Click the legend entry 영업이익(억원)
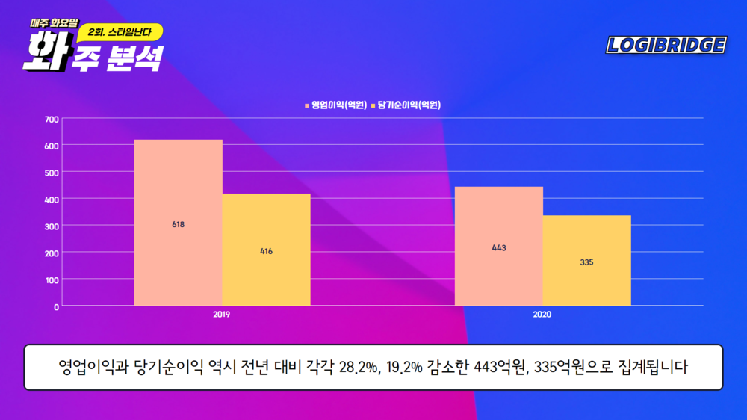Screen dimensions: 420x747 pyautogui.click(x=335, y=105)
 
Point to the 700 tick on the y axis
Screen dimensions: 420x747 pyautogui.click(x=52, y=119)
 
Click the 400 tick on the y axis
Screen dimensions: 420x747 pyautogui.click(x=52, y=200)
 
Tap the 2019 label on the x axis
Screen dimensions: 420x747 pyautogui.click(x=221, y=315)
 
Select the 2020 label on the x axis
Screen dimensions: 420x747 pyautogui.click(x=542, y=315)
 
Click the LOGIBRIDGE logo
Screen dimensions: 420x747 pyautogui.click(x=666, y=46)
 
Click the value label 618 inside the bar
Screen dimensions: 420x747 pyautogui.click(x=178, y=224)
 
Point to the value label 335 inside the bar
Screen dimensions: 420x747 pyautogui.click(x=586, y=262)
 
